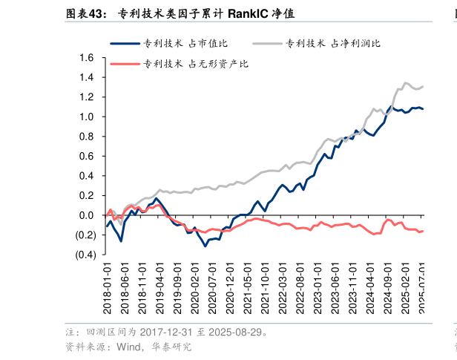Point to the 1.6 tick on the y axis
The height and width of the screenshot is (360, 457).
[86, 58]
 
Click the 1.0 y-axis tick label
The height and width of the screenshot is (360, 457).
[86, 117]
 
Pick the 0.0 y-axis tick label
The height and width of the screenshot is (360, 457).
[86, 215]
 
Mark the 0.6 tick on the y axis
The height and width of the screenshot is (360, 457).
[86, 156]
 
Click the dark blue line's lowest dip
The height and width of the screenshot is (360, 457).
[206, 246]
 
